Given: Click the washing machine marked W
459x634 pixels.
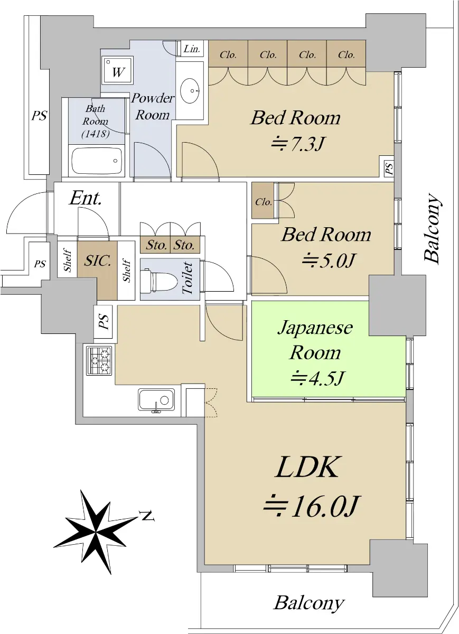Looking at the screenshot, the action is [x=118, y=70].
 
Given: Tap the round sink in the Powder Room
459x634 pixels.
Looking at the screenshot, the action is [x=190, y=91].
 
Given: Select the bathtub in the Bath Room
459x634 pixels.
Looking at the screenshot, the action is [x=97, y=161].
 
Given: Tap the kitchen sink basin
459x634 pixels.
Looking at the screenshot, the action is [x=156, y=399].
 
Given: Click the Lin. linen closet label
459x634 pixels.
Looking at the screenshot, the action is [x=192, y=49].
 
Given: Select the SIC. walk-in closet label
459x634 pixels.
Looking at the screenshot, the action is [x=97, y=260].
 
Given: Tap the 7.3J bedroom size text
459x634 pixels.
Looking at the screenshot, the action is [x=297, y=144].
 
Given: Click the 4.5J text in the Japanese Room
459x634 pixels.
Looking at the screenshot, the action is [x=318, y=378].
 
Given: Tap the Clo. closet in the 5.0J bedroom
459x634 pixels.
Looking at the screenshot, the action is [x=263, y=200].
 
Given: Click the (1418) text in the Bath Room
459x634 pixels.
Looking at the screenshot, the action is [x=96, y=134].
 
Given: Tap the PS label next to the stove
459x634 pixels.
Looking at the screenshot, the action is [x=104, y=322].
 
